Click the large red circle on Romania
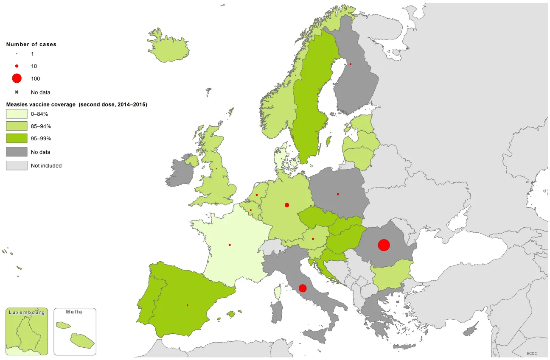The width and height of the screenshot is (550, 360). click(384, 245)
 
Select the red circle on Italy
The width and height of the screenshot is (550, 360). click(303, 288)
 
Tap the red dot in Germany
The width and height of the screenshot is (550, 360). click(287, 205)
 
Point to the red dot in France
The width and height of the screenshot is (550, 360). click(230, 245)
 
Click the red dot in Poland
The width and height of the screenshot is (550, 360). click(338, 194)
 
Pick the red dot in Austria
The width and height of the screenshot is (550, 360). click(313, 239)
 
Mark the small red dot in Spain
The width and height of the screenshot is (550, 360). click(187, 305)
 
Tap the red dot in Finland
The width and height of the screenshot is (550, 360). click(351, 64)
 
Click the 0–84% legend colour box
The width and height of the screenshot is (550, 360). click(17, 114)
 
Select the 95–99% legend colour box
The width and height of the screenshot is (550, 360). click(17, 138)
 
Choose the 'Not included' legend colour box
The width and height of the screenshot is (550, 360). click(17, 165)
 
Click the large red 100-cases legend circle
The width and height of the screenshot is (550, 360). click(17, 78)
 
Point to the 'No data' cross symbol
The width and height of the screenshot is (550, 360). click(17, 92)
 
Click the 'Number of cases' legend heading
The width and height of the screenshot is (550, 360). click(31, 44)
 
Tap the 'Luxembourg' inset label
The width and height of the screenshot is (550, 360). click(27, 312)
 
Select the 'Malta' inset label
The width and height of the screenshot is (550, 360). click(74, 312)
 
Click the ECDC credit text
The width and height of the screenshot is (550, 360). click(532, 353)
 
